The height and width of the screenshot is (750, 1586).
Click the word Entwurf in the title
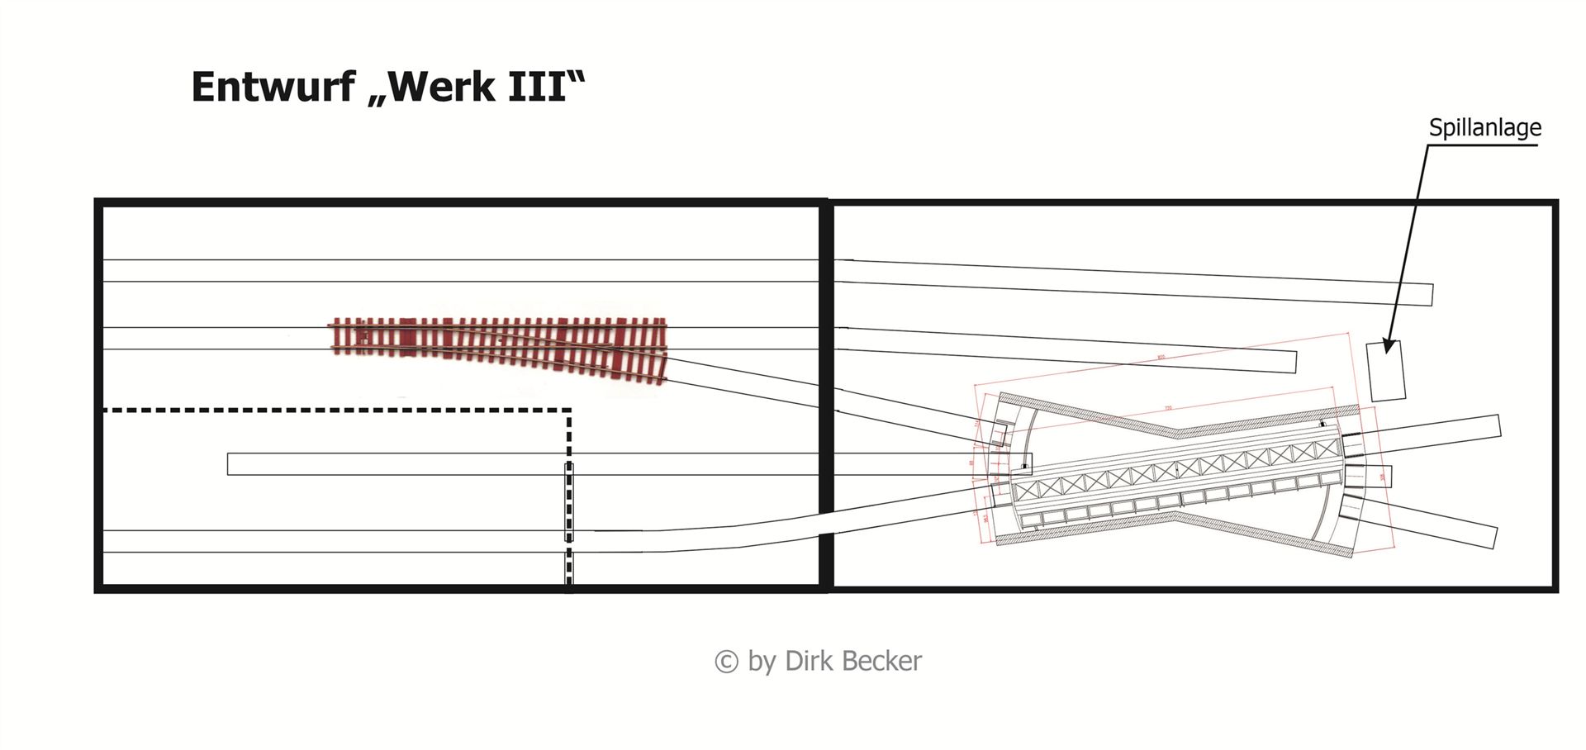(273, 87)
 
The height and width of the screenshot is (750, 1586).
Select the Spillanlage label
(1484, 128)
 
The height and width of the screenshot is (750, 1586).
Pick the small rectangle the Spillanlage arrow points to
(1385, 371)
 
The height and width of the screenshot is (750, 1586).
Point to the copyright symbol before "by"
(726, 662)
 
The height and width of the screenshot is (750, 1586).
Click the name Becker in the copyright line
(880, 661)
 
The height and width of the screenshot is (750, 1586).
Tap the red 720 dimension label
(1168, 408)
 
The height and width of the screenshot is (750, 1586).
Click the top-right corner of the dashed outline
(569, 410)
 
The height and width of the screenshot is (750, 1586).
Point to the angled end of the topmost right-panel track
(1431, 295)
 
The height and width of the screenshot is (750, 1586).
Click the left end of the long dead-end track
(230, 463)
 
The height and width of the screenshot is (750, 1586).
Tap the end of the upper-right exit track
(1496, 426)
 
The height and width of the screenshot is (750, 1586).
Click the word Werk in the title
(438, 87)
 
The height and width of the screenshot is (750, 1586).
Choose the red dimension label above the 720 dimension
(1161, 358)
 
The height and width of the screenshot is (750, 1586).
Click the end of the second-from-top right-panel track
(1294, 362)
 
